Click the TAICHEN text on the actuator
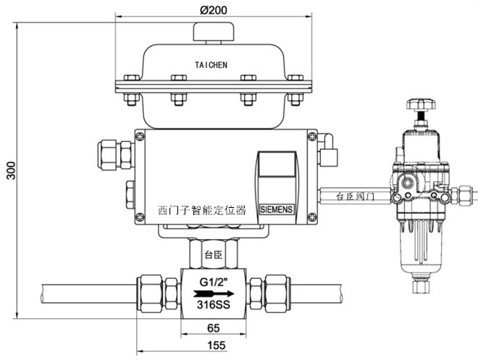point(211,65)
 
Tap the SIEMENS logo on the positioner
point(276,209)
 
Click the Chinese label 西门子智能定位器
point(202,210)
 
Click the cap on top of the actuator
point(211,33)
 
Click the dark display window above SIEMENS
point(277,175)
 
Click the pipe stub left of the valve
point(87,293)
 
